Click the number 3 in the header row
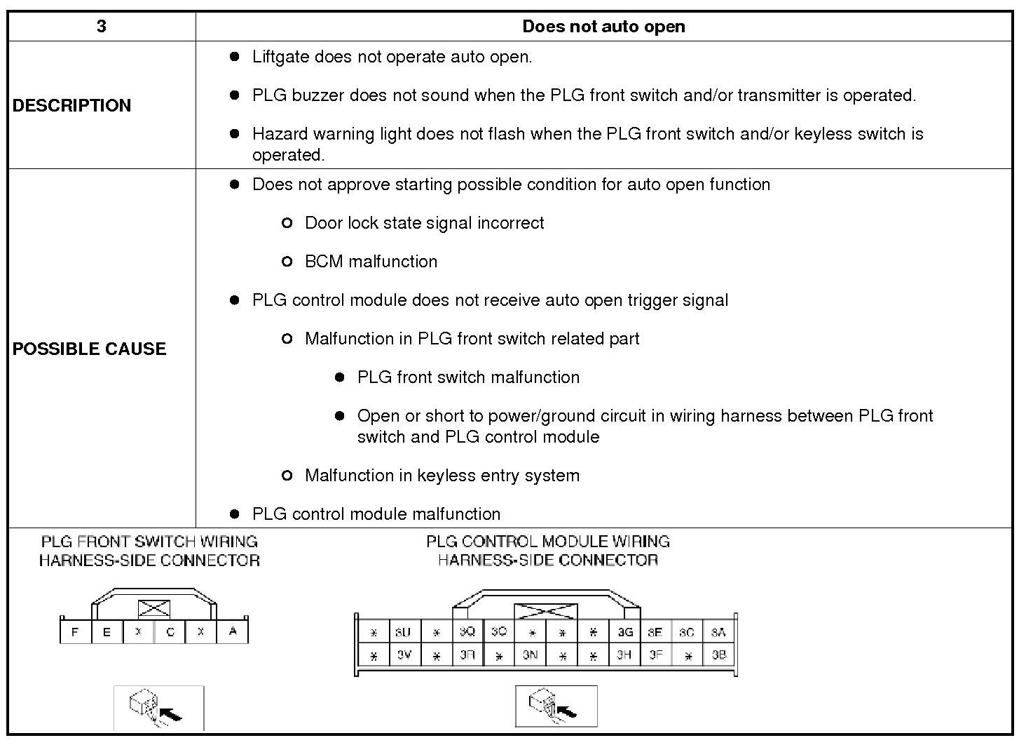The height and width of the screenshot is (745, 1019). coord(102,27)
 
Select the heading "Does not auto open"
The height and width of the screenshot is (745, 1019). coord(603,27)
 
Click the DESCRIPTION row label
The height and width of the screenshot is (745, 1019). coord(71,105)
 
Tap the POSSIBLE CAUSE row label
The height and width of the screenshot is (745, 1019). coord(89,349)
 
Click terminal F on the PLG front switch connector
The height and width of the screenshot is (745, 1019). coord(75,632)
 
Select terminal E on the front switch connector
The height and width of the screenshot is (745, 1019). coord(107,632)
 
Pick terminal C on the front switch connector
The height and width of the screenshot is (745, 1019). coord(170,632)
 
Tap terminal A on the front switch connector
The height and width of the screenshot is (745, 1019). coord(233,631)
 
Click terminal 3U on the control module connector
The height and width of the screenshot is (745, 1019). coord(403,632)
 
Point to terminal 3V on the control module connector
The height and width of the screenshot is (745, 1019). coord(404,656)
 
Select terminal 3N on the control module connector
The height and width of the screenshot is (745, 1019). coord(530,656)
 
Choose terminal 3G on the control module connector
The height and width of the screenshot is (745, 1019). coord(624,632)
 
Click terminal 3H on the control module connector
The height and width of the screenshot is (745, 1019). coord(624,656)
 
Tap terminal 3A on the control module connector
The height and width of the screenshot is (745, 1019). coord(718,632)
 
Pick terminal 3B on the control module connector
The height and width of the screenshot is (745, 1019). coord(718,656)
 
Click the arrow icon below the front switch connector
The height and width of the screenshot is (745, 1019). coord(159,708)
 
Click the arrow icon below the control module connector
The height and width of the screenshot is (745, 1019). coord(556,706)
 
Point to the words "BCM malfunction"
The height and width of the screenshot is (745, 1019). coord(371,262)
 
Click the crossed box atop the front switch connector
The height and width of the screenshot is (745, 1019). coord(153,608)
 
